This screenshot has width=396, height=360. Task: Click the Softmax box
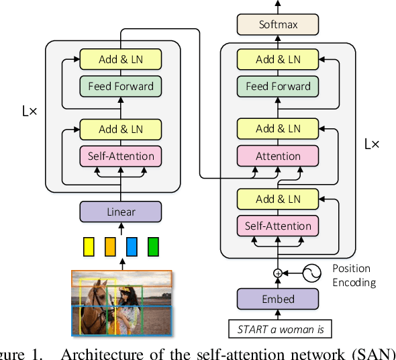[278, 26]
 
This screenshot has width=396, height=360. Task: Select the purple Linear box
[121, 212]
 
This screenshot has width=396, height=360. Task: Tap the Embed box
[278, 299]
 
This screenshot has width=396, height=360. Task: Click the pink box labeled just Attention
[278, 156]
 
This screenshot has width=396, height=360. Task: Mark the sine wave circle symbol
[312, 273]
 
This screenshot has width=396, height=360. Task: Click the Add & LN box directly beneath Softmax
[278, 59]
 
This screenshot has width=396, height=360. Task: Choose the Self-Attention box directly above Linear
[121, 156]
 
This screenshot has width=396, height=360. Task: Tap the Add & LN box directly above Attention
[278, 128]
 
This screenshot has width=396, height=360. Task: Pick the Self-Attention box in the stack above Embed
[278, 226]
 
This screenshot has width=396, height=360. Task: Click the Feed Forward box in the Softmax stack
[278, 87]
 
